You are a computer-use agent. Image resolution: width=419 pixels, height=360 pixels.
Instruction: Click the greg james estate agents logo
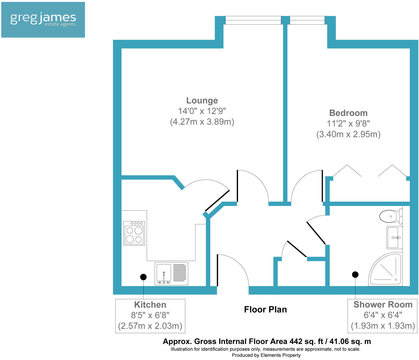coord(43,20)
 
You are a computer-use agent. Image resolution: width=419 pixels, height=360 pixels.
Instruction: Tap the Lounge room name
coord(202,101)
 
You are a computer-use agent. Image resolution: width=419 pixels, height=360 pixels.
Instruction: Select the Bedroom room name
coord(348,113)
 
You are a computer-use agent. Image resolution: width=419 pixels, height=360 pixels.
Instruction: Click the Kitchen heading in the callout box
coord(150,305)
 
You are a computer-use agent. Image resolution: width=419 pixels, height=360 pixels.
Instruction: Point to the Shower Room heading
coord(383,305)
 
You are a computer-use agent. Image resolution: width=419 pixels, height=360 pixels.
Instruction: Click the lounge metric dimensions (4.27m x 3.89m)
coord(202,122)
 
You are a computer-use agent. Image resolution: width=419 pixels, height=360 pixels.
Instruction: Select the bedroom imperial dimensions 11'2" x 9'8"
coord(348,124)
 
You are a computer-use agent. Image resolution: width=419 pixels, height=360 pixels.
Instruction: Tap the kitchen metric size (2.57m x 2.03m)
coord(150,326)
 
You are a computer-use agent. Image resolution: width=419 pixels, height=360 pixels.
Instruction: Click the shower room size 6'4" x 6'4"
coord(383,315)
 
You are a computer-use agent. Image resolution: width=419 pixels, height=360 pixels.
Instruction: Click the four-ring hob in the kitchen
coord(134,233)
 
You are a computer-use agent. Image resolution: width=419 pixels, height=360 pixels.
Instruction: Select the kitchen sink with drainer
coord(171,274)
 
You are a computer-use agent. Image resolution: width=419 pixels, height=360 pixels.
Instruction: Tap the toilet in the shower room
coord(391,216)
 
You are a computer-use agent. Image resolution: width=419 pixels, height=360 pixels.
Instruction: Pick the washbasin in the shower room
coord(394,237)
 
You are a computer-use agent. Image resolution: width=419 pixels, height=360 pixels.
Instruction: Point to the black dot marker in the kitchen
coord(143,277)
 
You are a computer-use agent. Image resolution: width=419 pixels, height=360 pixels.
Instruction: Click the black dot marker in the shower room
coord(355,275)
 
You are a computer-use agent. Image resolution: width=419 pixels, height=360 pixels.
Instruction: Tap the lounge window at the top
coord(253,20)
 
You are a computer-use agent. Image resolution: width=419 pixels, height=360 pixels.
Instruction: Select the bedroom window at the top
coord(307,20)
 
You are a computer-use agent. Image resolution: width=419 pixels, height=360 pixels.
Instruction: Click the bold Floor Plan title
coord(265,310)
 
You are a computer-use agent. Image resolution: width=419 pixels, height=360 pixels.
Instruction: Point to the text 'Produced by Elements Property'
coord(266,355)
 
